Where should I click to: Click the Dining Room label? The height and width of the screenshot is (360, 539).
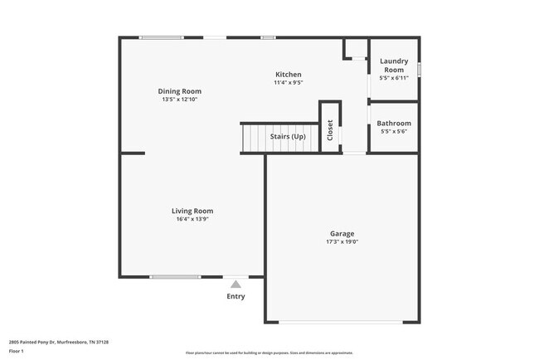tap(180, 91)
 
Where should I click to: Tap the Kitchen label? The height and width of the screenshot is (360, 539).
tap(289, 75)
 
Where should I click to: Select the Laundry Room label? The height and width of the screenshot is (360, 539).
tap(394, 65)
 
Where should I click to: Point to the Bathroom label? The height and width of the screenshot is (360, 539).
tap(394, 124)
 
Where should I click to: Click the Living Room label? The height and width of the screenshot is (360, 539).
tap(192, 211)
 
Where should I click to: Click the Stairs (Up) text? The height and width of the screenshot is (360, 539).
tap(288, 135)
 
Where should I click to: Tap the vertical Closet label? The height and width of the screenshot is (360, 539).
tap(330, 130)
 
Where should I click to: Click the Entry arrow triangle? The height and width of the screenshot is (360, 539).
tap(236, 285)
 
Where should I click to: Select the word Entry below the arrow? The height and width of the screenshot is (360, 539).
tap(236, 296)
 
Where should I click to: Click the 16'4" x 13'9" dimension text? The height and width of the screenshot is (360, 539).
tap(192, 220)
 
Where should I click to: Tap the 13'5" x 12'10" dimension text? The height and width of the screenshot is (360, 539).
tap(180, 100)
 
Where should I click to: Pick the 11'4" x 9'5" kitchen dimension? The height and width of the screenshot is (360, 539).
tap(289, 83)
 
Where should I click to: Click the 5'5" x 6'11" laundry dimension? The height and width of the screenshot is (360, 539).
tap(394, 78)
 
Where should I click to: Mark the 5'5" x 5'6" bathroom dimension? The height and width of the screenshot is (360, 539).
tap(394, 133)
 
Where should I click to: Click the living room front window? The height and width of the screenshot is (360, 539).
tap(175, 277)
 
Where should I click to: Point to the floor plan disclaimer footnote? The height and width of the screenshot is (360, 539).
tap(269, 353)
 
